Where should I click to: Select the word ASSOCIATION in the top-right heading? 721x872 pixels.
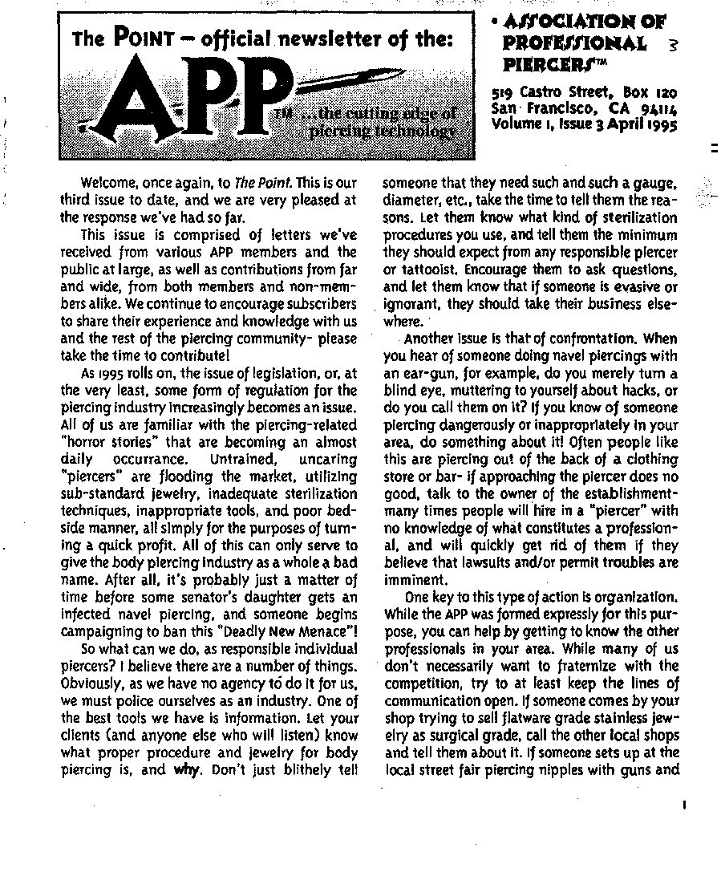584,22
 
